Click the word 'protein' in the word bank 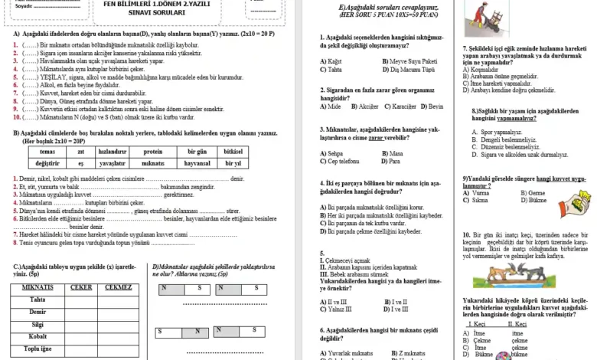pyautogui.click(x=158, y=152)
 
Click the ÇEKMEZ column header pyautogui.click(x=119, y=286)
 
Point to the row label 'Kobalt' pyautogui.click(x=38, y=336)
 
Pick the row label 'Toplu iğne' pyautogui.click(x=38, y=349)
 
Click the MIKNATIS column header pyautogui.click(x=38, y=286)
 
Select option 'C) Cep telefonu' pyautogui.click(x=343, y=162)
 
